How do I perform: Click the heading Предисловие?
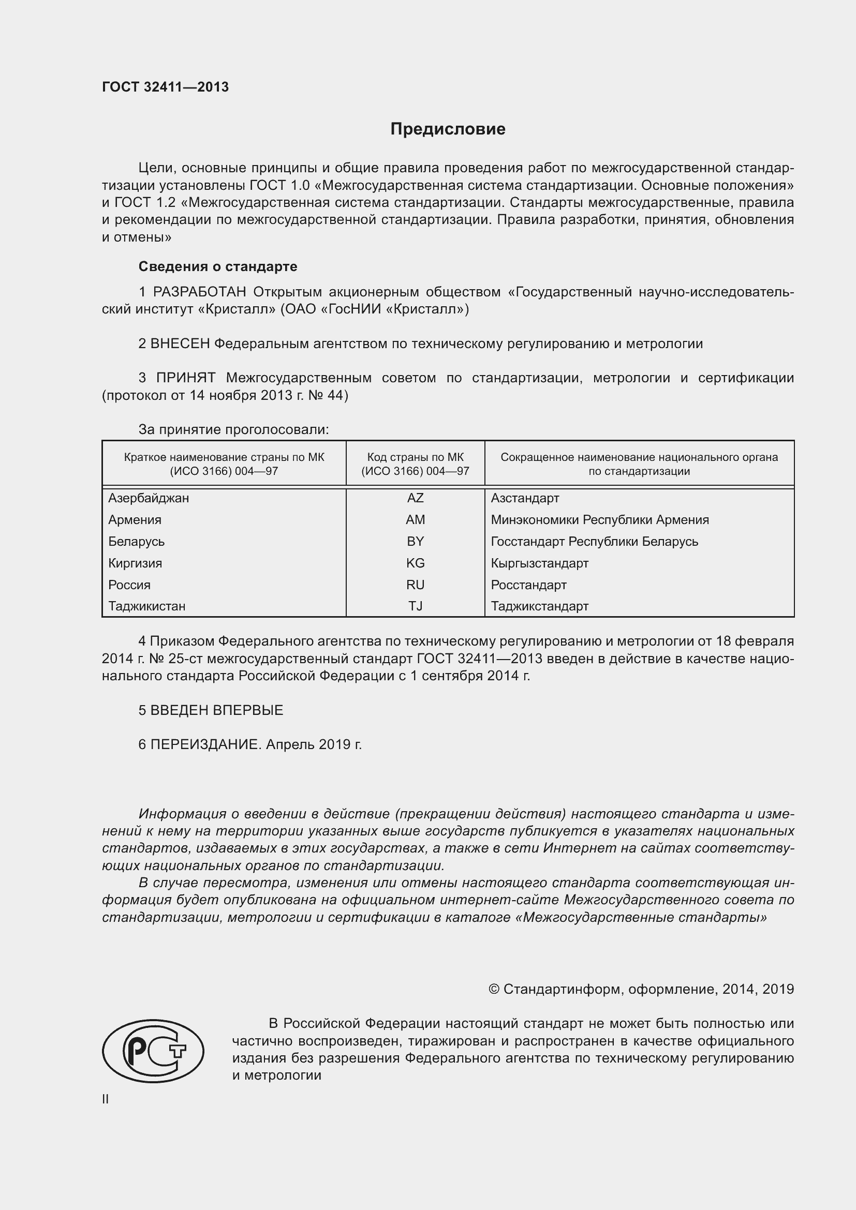[448, 129]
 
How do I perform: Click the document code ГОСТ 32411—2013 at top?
[166, 87]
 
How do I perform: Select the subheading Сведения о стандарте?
[218, 266]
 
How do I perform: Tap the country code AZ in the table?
[415, 498]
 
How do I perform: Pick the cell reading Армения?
[135, 519]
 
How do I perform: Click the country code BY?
[415, 541]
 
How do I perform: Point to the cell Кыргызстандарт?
[539, 563]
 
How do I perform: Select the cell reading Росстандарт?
[528, 585]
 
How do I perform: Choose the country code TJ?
[415, 607]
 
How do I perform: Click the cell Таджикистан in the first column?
[146, 607]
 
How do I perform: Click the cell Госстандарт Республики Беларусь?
[594, 541]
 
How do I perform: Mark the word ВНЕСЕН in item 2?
[180, 344]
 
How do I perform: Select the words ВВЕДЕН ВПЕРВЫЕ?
[216, 710]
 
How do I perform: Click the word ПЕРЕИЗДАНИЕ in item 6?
[205, 744]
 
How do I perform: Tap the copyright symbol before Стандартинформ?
[493, 989]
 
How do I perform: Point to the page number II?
[106, 1099]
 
